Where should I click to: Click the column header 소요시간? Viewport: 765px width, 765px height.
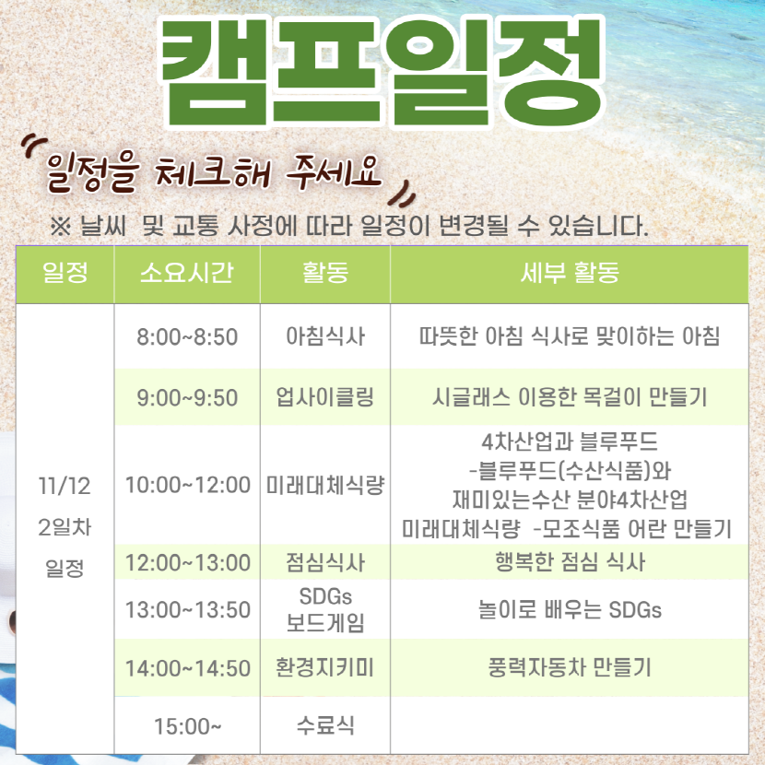(x=187, y=273)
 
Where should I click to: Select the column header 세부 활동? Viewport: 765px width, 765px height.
(x=570, y=273)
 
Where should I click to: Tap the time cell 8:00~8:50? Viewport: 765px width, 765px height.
(x=187, y=336)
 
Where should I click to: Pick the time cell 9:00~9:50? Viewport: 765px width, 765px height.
(x=187, y=397)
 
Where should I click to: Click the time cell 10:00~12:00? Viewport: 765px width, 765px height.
(x=188, y=485)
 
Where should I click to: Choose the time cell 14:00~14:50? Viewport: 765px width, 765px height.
(x=188, y=668)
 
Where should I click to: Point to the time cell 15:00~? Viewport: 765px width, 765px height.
(x=188, y=726)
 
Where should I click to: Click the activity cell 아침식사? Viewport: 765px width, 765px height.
(x=325, y=336)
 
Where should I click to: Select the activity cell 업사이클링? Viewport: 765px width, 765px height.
(x=325, y=397)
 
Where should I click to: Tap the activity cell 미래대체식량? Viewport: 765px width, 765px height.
(x=325, y=485)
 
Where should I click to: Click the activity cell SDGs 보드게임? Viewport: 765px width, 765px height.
(x=325, y=609)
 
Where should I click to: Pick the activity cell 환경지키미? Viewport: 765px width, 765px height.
(x=325, y=667)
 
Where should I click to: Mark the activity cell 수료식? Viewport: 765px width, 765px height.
(x=325, y=725)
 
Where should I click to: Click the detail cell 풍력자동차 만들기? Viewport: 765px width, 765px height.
(x=570, y=667)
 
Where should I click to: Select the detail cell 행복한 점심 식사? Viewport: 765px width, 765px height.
(x=570, y=561)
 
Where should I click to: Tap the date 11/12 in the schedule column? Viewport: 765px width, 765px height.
(x=65, y=486)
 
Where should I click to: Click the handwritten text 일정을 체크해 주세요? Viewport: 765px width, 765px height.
(x=213, y=172)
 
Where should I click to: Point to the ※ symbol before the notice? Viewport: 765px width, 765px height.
(x=61, y=227)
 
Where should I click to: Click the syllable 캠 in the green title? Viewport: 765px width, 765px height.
(x=215, y=71)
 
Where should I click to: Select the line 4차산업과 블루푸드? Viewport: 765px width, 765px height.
(x=570, y=442)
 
